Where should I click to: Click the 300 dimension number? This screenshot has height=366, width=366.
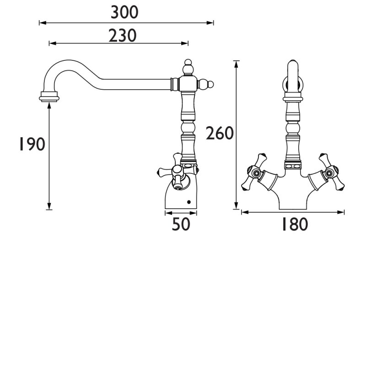click(x=124, y=13)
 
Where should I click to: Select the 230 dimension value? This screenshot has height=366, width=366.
click(x=123, y=36)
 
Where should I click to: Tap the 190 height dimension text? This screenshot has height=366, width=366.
click(x=32, y=144)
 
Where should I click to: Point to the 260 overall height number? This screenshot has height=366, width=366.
click(x=220, y=133)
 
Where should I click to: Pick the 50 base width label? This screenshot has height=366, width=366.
click(x=181, y=224)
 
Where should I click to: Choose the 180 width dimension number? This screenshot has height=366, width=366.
click(x=295, y=224)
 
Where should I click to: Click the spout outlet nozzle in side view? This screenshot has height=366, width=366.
click(x=49, y=97)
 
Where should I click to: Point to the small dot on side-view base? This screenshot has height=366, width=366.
click(x=189, y=202)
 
